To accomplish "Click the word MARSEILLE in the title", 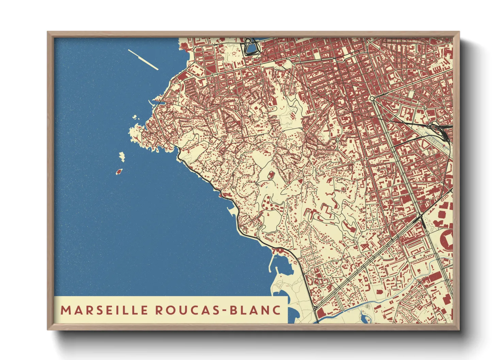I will click(104, 310).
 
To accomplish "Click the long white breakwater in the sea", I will click(143, 60).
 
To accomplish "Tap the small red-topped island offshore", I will click(119, 171).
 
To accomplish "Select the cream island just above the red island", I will click(122, 157).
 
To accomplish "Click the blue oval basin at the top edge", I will click(250, 47).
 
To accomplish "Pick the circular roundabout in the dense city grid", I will click(372, 98).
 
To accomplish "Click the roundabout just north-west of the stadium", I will click(421, 216).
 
